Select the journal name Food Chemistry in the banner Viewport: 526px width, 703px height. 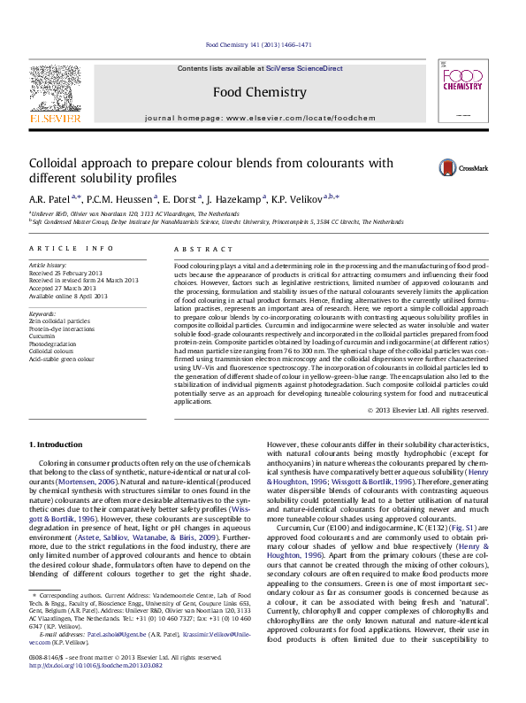tap(260, 92)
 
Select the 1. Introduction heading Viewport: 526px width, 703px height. tap(57, 443)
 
